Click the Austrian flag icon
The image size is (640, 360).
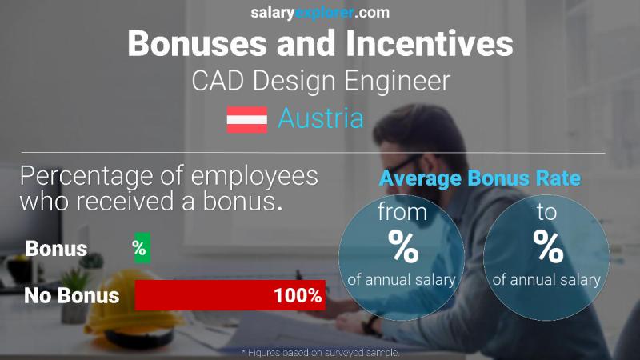246,119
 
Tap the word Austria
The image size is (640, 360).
320,119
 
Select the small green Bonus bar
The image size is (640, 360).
140,248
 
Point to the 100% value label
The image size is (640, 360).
298,295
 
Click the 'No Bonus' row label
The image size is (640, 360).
71,295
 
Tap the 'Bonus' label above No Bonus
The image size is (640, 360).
56,249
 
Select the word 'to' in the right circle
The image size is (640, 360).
547,212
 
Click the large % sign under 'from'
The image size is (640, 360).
402,246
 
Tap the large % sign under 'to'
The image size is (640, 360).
547,246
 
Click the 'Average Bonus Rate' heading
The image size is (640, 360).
479,178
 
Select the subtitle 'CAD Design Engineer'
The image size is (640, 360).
320,81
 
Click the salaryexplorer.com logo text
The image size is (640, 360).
320,12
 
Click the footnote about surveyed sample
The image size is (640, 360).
320,352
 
